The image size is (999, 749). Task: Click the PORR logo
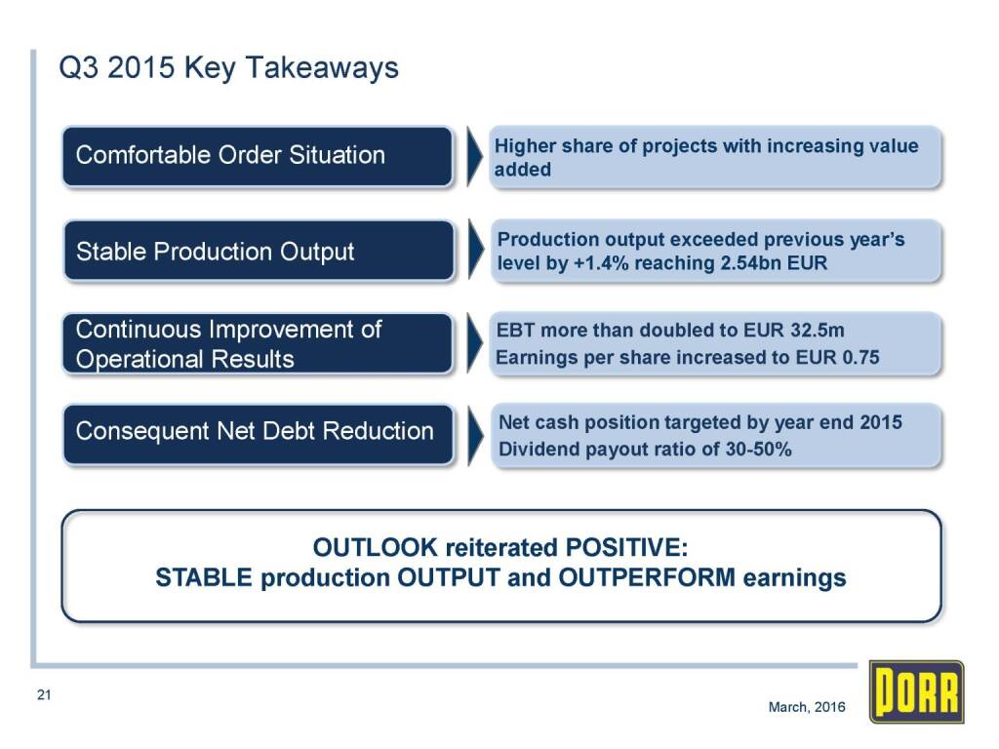pos(916,691)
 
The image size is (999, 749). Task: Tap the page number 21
pos(44,694)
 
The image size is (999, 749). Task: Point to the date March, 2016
pos(807,707)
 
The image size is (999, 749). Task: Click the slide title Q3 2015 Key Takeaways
pos(228,67)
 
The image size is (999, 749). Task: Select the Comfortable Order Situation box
pos(258,156)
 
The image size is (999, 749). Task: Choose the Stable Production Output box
pos(259,251)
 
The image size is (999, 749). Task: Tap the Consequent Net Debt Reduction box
pos(258,434)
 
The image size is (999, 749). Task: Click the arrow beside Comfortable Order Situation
pos(475,156)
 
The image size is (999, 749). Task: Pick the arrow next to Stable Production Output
pos(476,249)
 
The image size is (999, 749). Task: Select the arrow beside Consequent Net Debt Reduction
pos(476,436)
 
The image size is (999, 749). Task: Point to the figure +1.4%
pos(601,263)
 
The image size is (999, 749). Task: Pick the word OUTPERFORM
pos(647,577)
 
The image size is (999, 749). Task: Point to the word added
pos(523,170)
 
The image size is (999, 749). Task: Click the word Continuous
pos(139,330)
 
